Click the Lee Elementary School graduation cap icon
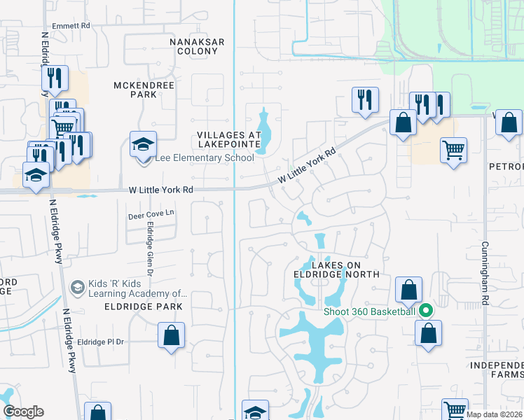click(x=143, y=144)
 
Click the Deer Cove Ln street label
click(x=151, y=216)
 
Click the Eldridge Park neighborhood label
click(x=144, y=307)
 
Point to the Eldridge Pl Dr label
click(x=100, y=342)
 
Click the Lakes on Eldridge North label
click(x=337, y=269)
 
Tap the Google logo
click(x=23, y=412)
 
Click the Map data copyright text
click(x=493, y=414)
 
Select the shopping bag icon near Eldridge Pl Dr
click(x=172, y=335)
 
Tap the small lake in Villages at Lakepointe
click(x=263, y=133)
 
